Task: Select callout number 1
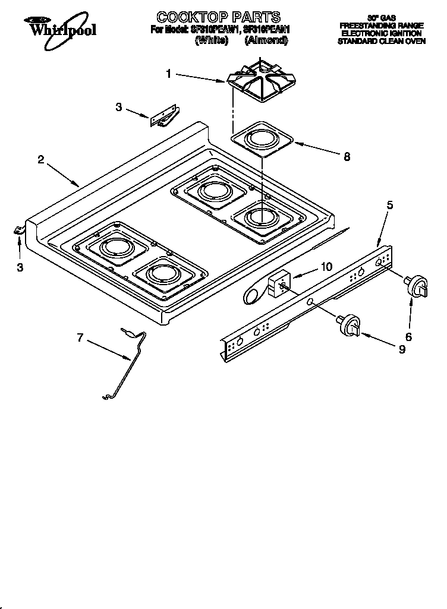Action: pyautogui.click(x=169, y=74)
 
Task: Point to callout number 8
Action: pyautogui.click(x=347, y=157)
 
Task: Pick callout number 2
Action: pyautogui.click(x=40, y=159)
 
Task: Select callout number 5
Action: pyautogui.click(x=390, y=205)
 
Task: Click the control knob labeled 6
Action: pyautogui.click(x=416, y=285)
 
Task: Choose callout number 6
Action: pyautogui.click(x=408, y=336)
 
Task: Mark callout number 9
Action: pyautogui.click(x=402, y=350)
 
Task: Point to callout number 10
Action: pyautogui.click(x=326, y=267)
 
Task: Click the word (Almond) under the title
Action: pyautogui.click(x=266, y=40)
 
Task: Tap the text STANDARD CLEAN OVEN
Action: pyautogui.click(x=382, y=42)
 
